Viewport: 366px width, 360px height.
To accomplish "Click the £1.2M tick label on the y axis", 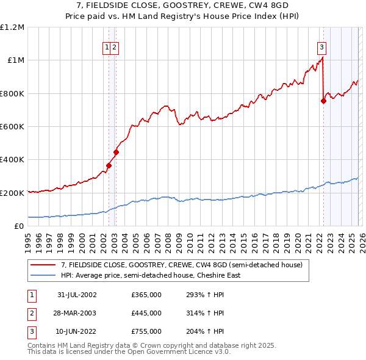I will coord(12,27).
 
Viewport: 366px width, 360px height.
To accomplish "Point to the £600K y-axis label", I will coord(12,127).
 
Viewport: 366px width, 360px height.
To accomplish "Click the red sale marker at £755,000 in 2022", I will coord(323,101).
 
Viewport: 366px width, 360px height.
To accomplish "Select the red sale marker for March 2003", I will coord(116,153).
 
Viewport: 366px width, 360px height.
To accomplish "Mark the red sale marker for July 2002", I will coord(109,165).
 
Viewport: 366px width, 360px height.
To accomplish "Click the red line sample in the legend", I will coord(43,265).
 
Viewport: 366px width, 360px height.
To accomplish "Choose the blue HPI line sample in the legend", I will coord(43,275).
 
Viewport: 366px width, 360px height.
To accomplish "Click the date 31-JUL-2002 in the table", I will coord(77,295).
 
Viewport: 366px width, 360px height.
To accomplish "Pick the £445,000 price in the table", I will coord(146,313).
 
